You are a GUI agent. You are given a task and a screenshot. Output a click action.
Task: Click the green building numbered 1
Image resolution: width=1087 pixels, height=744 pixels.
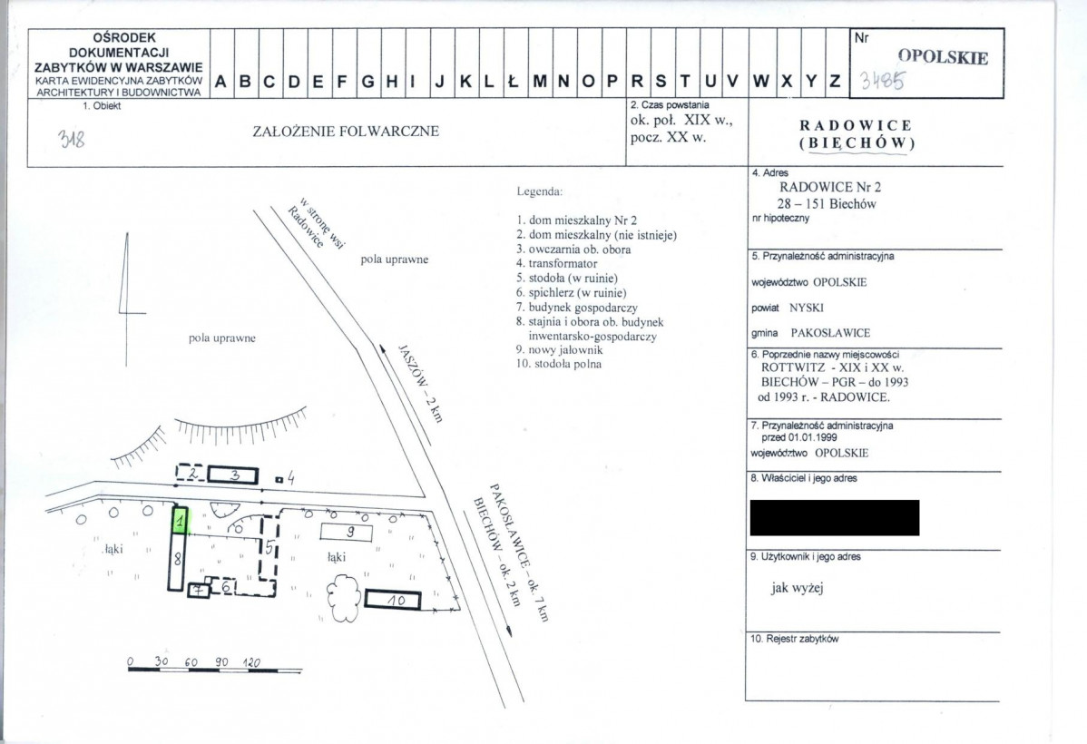[x=181, y=519]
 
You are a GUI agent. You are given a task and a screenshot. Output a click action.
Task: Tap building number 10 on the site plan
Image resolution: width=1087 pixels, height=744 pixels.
[x=393, y=600]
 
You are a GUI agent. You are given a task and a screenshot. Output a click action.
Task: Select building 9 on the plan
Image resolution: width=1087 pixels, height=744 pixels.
[x=347, y=533]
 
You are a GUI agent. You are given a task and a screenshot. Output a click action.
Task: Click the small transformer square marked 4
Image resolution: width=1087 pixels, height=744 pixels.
[x=279, y=479]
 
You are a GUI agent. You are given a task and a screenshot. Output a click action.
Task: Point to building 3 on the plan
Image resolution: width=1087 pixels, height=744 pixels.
[x=233, y=475]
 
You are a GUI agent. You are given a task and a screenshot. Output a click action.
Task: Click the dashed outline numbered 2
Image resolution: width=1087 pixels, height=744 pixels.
[x=191, y=474]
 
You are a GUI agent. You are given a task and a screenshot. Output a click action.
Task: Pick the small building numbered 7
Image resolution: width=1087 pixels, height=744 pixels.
[x=200, y=590]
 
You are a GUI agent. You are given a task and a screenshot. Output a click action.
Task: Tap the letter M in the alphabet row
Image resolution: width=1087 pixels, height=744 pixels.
[x=540, y=81]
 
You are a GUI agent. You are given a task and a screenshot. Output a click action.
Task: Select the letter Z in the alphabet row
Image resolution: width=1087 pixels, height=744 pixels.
[x=836, y=81]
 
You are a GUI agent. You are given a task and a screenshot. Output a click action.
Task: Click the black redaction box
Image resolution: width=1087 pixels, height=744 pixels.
[x=835, y=517]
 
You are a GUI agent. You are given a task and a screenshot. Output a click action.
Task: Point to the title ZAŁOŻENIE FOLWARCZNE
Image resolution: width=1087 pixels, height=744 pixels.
[x=346, y=131]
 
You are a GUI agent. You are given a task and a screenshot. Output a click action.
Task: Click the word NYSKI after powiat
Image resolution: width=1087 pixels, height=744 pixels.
[x=807, y=308]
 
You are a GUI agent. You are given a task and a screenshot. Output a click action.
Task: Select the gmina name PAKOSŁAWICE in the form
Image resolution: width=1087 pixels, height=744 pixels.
[x=830, y=333]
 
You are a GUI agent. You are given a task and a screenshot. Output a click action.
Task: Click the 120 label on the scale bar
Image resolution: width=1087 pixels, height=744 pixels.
[x=251, y=662]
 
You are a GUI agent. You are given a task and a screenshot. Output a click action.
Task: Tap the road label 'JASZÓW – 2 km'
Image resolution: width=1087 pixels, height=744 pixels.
[x=420, y=383]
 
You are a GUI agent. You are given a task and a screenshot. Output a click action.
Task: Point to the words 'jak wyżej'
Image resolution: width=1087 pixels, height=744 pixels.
[x=798, y=588]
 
